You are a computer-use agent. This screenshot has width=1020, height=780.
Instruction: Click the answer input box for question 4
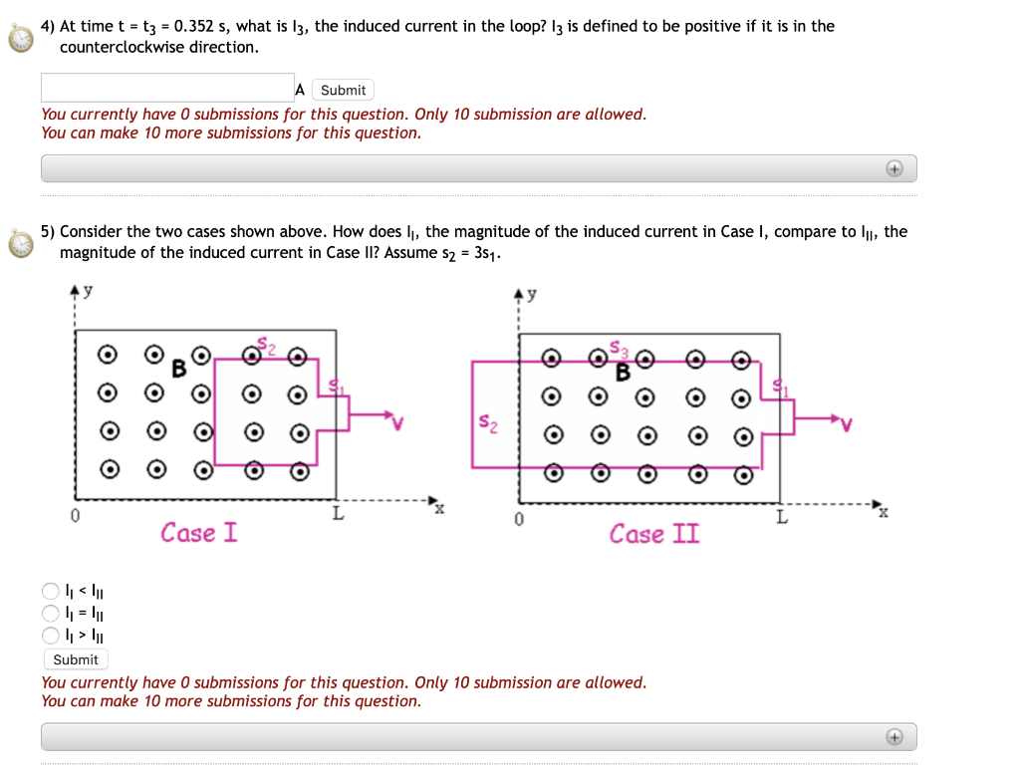(167, 88)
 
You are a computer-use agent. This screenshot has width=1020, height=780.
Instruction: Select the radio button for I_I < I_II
(51, 591)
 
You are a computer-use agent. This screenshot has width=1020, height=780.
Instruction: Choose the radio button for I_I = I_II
(51, 613)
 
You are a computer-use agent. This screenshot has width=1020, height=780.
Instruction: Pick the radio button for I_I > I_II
(51, 635)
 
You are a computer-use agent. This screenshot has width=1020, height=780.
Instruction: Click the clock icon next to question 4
(19, 38)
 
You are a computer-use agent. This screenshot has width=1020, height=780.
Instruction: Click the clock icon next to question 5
(19, 243)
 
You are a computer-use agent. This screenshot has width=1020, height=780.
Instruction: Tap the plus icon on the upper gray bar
(894, 169)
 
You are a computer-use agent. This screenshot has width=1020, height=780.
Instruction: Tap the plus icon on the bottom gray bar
(894, 737)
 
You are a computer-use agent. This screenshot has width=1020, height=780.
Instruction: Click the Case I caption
(199, 533)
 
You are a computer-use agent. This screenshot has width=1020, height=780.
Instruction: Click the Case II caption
(654, 534)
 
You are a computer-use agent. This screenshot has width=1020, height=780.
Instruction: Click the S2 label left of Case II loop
(485, 421)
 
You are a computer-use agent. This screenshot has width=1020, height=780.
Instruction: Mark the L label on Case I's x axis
(338, 515)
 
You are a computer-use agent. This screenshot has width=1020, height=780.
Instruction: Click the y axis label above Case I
(87, 291)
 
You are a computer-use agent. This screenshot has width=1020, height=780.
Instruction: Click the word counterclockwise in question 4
(123, 47)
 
